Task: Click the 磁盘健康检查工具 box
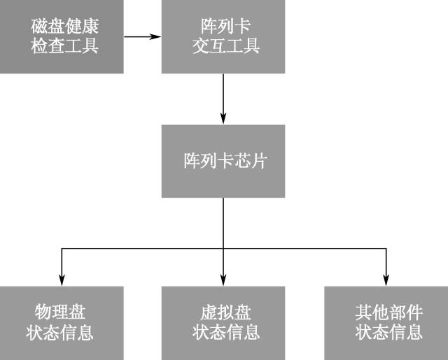point(62,36)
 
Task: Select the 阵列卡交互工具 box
point(223,36)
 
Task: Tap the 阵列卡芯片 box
point(223,161)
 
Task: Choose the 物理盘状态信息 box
point(62,323)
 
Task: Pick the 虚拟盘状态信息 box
point(223,323)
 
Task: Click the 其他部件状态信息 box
point(386,323)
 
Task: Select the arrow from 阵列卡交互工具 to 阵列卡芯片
point(223,98)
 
